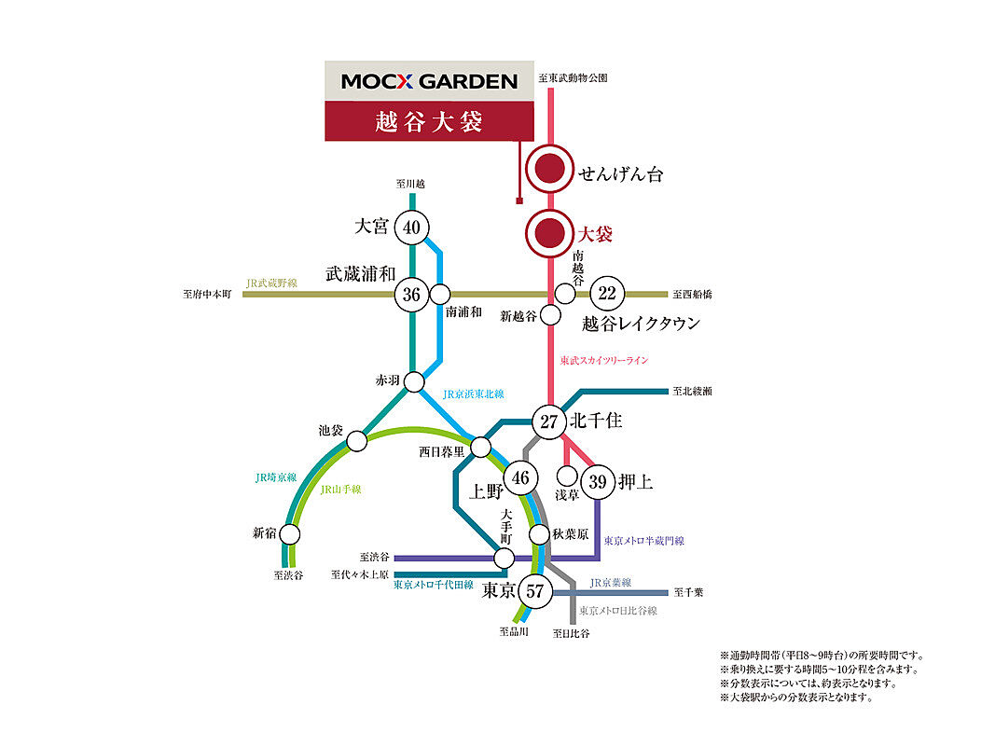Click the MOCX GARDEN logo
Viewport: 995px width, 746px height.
[x=430, y=81]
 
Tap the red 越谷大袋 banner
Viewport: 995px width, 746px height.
[x=429, y=121]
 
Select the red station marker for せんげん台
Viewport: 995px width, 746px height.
[x=549, y=170]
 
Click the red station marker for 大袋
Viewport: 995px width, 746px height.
[x=549, y=233]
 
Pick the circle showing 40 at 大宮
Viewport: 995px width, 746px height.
[x=412, y=228]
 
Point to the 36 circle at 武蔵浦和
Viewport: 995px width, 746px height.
[x=412, y=295]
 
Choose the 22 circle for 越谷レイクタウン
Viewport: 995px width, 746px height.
[x=607, y=293]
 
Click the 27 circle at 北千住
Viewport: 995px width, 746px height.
[x=549, y=421]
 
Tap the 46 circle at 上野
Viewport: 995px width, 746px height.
[x=520, y=477]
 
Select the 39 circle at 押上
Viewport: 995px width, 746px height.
[x=598, y=482]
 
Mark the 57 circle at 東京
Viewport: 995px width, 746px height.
[x=535, y=591]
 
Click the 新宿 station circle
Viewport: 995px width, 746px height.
[x=290, y=534]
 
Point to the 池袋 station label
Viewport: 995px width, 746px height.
[x=331, y=431]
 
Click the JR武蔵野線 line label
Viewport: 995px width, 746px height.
[x=271, y=283]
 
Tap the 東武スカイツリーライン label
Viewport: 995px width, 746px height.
[x=604, y=360]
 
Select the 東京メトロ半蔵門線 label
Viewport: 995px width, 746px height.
[x=644, y=541]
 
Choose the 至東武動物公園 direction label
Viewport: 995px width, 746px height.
[x=573, y=77]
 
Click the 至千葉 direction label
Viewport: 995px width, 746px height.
[x=688, y=592]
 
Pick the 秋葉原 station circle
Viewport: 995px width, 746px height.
[x=539, y=534]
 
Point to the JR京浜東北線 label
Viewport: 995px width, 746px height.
[x=474, y=394]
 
